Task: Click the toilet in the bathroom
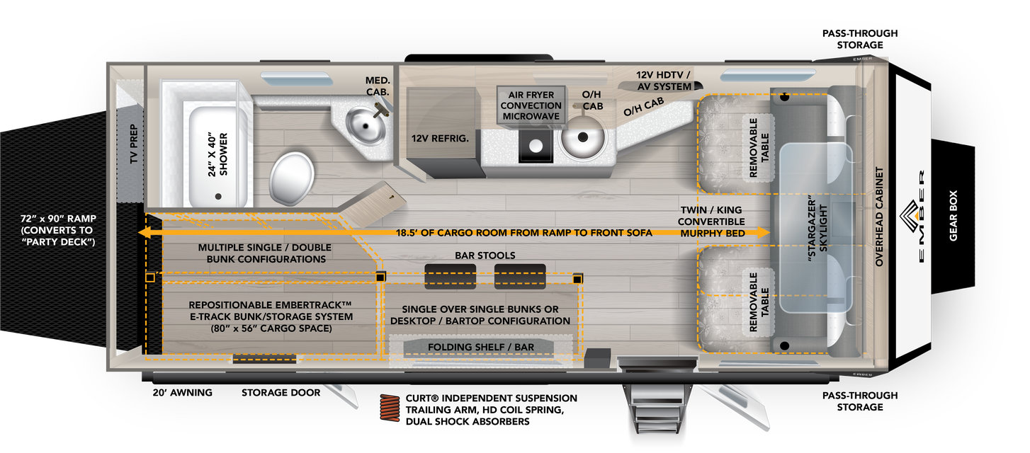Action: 293,176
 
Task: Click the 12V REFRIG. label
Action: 440,139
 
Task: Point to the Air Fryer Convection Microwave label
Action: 531,101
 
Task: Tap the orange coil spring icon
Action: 390,409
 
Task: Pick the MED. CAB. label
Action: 378,87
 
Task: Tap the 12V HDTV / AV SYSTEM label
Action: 663,81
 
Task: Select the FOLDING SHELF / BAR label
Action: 480,346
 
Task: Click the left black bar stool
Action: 450,276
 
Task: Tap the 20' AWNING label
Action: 182,392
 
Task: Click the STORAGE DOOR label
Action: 281,392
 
